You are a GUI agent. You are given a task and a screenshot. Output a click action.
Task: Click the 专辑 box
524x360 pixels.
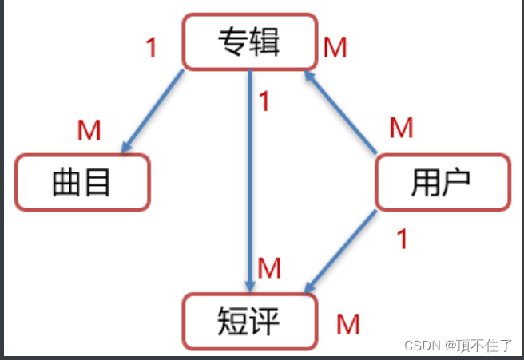[x=248, y=42]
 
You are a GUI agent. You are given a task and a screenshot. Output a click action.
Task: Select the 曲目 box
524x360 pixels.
[x=81, y=183]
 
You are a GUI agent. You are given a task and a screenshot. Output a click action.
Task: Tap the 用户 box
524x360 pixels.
[x=442, y=183]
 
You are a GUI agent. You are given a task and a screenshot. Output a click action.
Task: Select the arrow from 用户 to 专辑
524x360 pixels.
[x=342, y=113]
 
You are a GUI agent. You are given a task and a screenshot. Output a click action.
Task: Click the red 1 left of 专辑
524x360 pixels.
[x=152, y=48]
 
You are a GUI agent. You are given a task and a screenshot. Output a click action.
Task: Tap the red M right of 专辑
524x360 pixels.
[x=335, y=48]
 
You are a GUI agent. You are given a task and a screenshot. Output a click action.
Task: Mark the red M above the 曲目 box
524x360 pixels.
[x=89, y=130]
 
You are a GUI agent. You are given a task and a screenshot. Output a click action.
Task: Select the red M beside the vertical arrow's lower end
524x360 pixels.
[x=270, y=268]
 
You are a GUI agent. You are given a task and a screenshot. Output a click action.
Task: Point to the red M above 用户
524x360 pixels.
[x=401, y=127]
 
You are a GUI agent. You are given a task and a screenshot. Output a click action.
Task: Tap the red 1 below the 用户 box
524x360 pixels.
[x=403, y=238]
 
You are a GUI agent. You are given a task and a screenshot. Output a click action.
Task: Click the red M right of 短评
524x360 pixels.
[x=347, y=324]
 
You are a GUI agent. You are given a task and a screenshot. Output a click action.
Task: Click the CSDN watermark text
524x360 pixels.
[x=423, y=346]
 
